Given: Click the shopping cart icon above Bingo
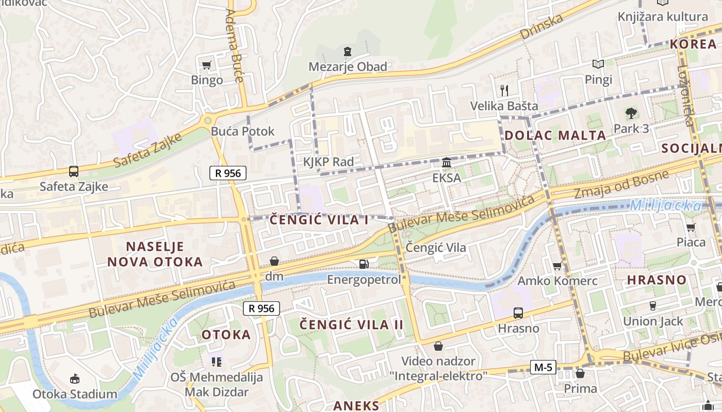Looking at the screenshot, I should (207, 65).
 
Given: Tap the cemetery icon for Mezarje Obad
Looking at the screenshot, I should (348, 51).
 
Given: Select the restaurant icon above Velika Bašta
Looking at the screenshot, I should (504, 91).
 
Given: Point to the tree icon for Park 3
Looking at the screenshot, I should (631, 113).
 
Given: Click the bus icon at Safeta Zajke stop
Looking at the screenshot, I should (74, 171).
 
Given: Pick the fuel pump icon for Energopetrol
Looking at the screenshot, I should (364, 264).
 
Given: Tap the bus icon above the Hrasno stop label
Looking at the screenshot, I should (518, 313).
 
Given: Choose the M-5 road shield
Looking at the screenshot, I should (543, 367).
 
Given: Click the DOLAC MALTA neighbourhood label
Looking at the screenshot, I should (555, 135).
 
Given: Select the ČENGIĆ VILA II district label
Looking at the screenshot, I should (352, 325).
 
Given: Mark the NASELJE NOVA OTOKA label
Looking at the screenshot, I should (155, 254).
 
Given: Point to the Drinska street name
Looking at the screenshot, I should (541, 27).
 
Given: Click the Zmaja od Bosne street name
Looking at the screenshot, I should (621, 185).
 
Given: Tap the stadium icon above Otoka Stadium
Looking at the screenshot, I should (75, 379).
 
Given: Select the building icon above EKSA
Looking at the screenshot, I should (447, 163).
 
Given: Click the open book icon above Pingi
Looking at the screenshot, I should (598, 64).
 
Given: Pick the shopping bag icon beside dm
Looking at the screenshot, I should (274, 262).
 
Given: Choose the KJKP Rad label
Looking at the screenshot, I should (329, 162).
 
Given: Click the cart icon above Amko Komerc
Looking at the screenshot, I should (557, 266).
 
